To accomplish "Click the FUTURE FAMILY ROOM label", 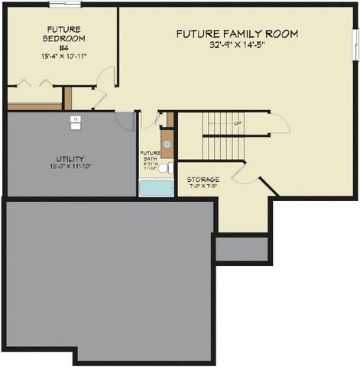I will point(237,34).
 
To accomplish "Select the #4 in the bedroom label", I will point(63,47).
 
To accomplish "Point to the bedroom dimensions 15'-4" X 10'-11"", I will point(63,56).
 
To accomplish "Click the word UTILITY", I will point(70,159).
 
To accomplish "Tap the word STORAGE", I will point(203,180).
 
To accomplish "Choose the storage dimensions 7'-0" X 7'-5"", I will point(203,187).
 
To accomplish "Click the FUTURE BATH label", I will point(150,155).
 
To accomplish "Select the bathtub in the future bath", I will point(156,187).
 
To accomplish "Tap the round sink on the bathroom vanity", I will point(167,144).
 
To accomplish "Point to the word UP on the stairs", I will point(238,123).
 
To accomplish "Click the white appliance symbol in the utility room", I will point(76,121).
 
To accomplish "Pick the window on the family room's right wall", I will point(355,44).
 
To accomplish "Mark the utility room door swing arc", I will point(125,121).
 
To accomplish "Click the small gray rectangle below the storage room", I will point(242,248).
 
